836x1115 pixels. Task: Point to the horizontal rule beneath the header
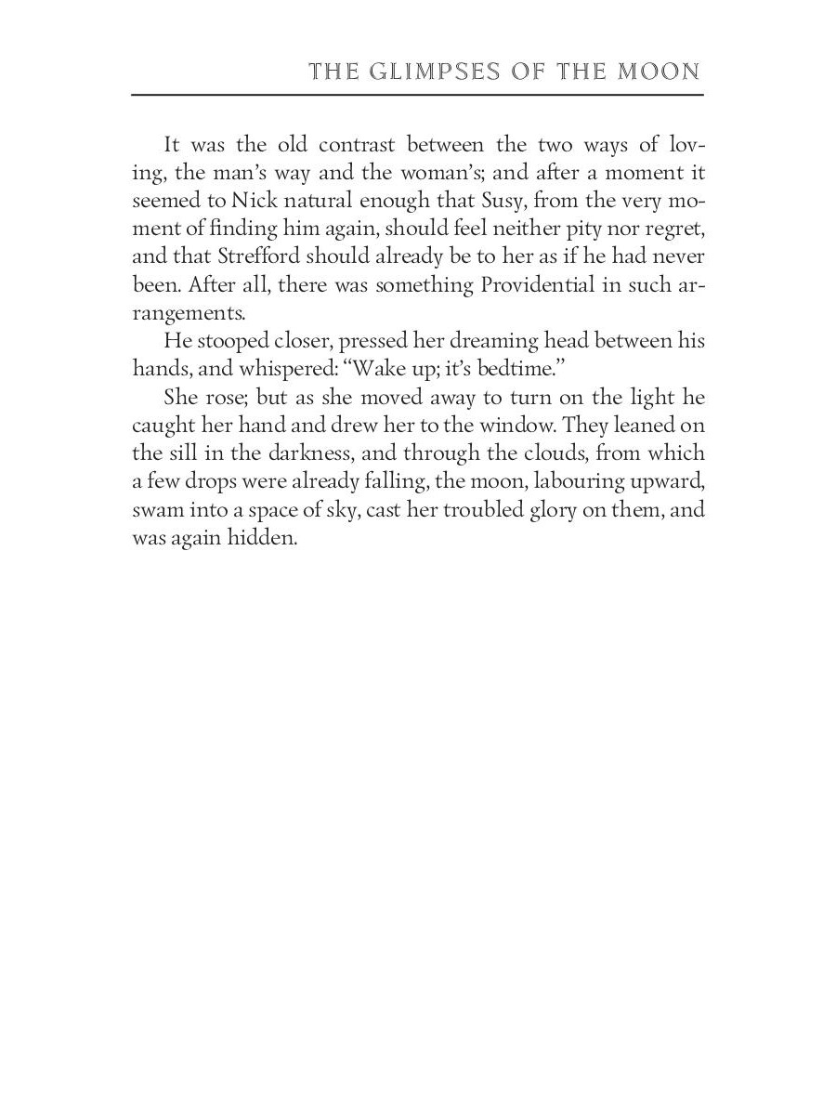point(417,94)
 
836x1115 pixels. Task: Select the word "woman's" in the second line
point(442,173)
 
